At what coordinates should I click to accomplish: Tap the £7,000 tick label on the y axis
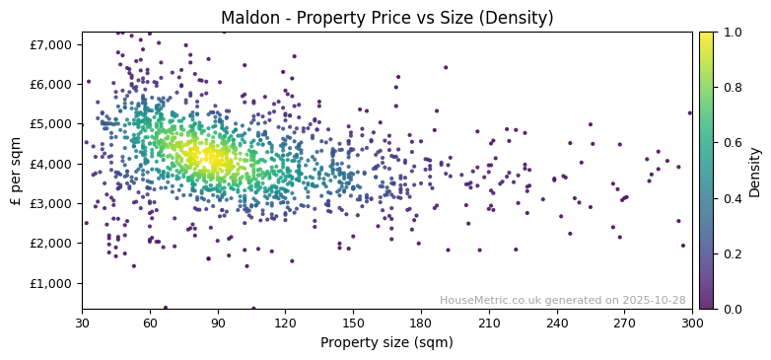click(x=51, y=44)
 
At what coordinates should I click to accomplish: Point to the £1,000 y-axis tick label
click(x=51, y=283)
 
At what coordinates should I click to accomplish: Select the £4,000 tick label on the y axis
click(x=51, y=164)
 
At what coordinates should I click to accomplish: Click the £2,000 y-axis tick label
click(x=51, y=244)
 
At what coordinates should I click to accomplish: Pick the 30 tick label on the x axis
click(x=82, y=323)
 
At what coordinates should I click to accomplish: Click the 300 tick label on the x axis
click(x=692, y=323)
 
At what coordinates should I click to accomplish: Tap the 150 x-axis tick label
click(x=353, y=323)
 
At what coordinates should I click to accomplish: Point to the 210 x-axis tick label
click(x=489, y=323)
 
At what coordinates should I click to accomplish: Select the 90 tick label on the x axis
click(x=218, y=323)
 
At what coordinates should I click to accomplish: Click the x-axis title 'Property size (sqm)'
click(x=387, y=342)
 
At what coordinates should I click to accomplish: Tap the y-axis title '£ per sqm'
click(x=16, y=171)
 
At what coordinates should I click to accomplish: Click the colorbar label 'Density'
click(x=755, y=171)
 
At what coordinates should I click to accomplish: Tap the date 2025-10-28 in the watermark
click(x=655, y=300)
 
